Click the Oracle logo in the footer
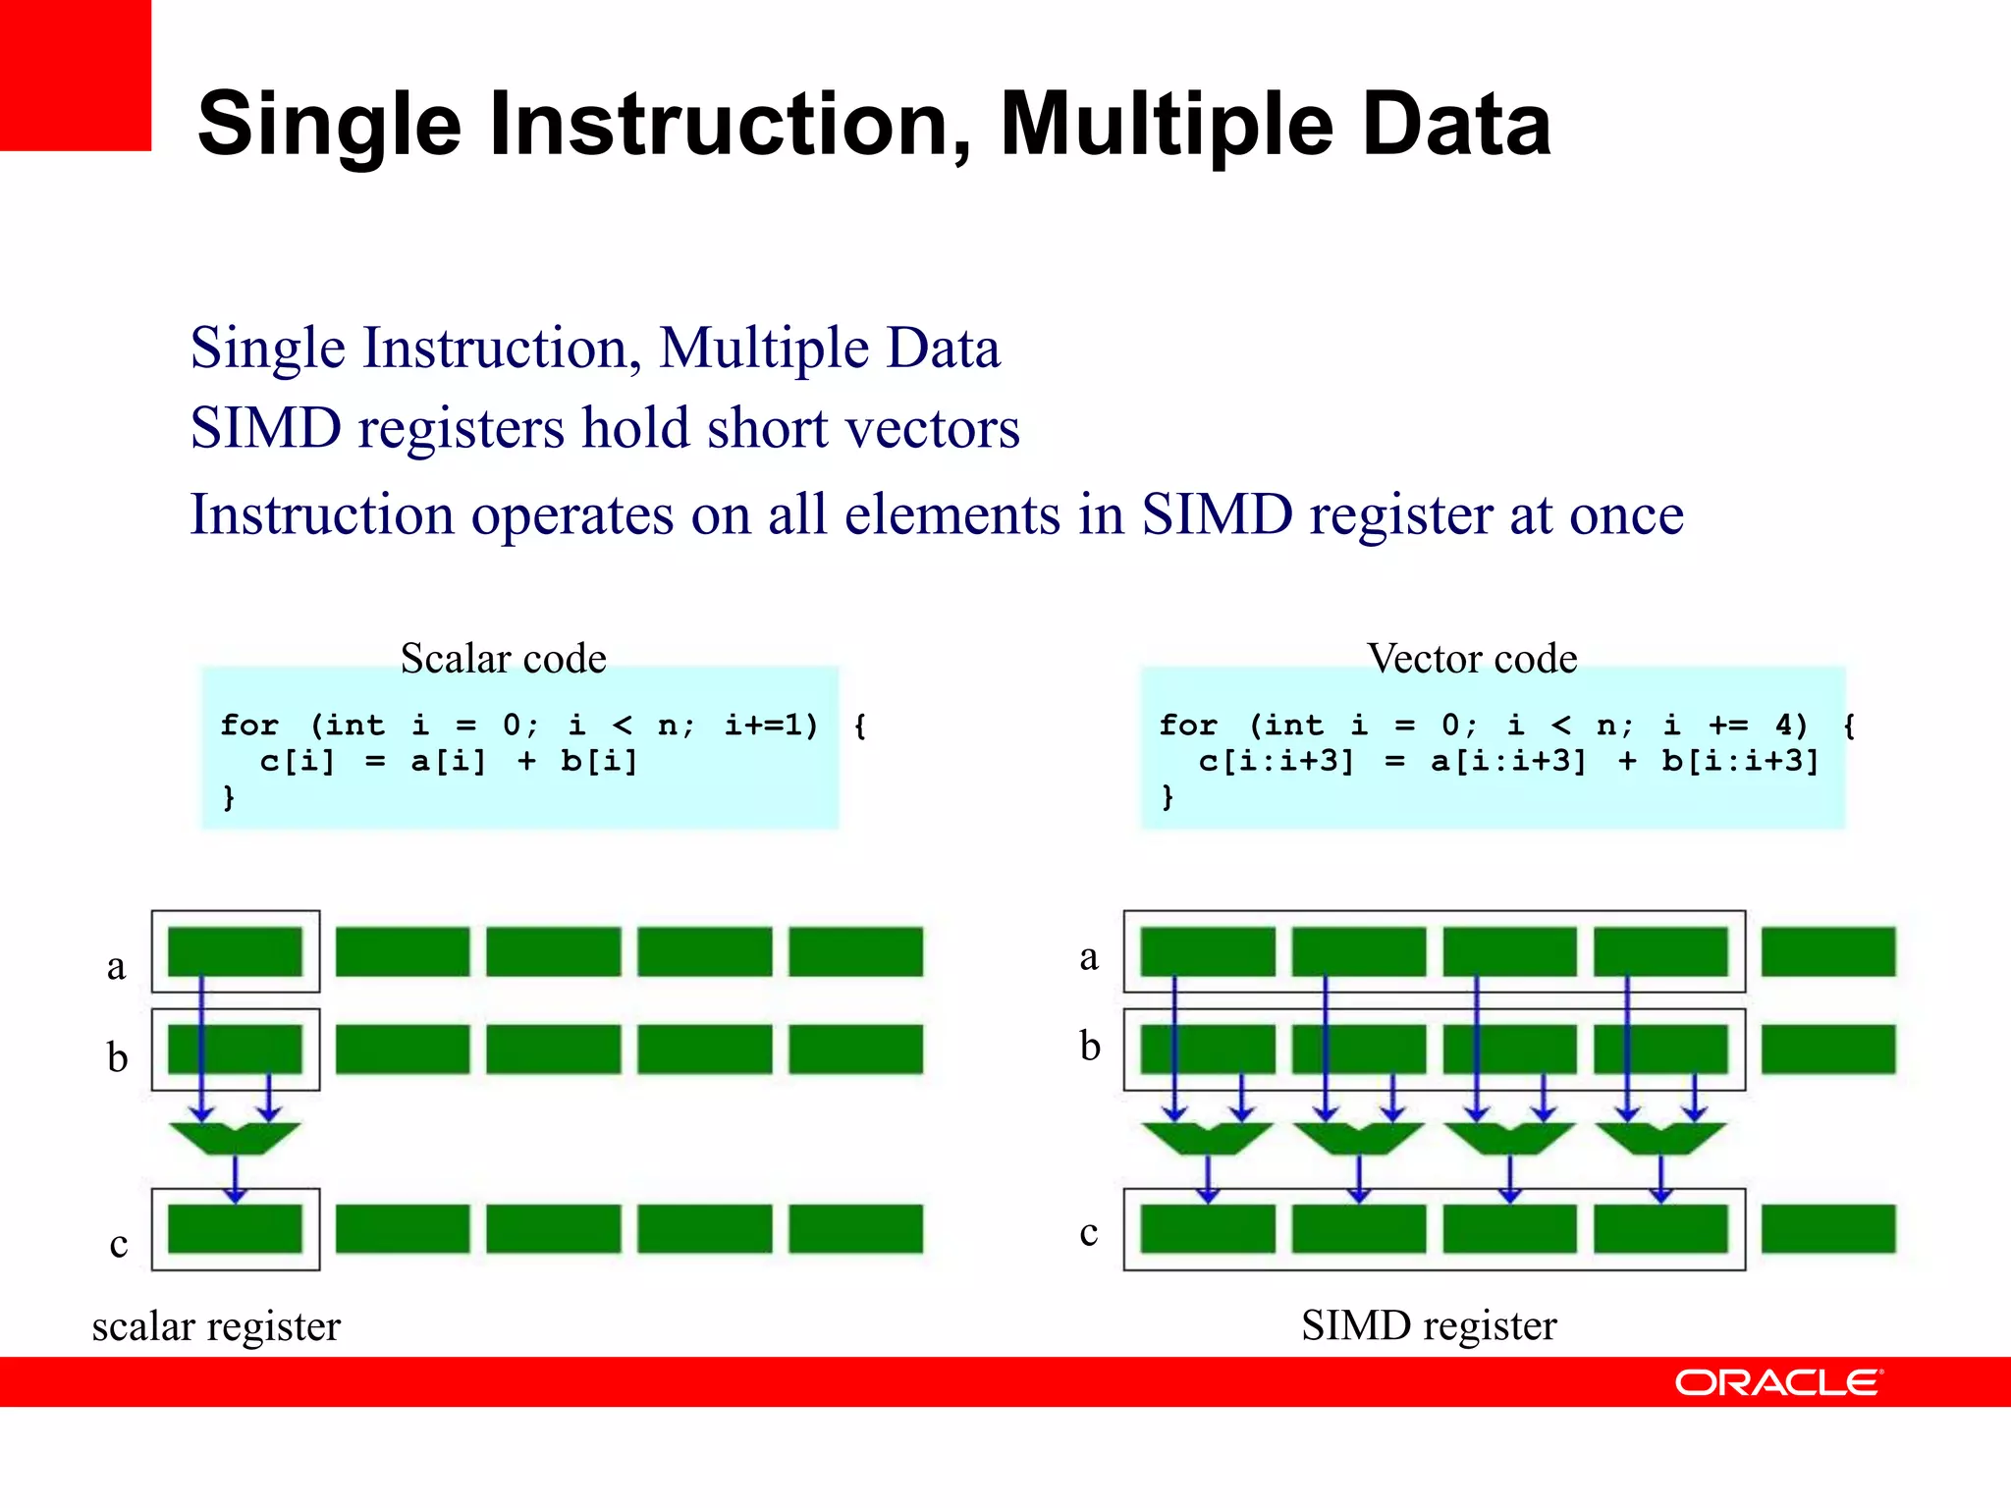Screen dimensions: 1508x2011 (x=1778, y=1382)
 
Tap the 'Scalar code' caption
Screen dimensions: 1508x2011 (x=503, y=658)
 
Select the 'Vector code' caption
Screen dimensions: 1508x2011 (x=1472, y=658)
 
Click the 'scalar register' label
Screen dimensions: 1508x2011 (x=216, y=1326)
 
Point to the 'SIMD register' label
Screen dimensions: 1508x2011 (x=1429, y=1325)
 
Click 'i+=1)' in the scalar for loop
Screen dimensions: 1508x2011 (x=771, y=725)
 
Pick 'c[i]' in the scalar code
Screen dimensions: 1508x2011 (x=297, y=761)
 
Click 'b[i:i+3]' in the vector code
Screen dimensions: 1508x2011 (x=1740, y=761)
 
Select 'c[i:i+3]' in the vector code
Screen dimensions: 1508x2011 (x=1276, y=761)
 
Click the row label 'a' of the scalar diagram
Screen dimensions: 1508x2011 (x=116, y=967)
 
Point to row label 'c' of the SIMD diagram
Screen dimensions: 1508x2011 (x=1088, y=1232)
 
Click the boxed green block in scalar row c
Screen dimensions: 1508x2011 (x=235, y=1229)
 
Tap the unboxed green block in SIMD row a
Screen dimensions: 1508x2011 (x=1827, y=951)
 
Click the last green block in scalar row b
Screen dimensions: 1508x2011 (x=855, y=1050)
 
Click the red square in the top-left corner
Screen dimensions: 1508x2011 (x=75, y=75)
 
